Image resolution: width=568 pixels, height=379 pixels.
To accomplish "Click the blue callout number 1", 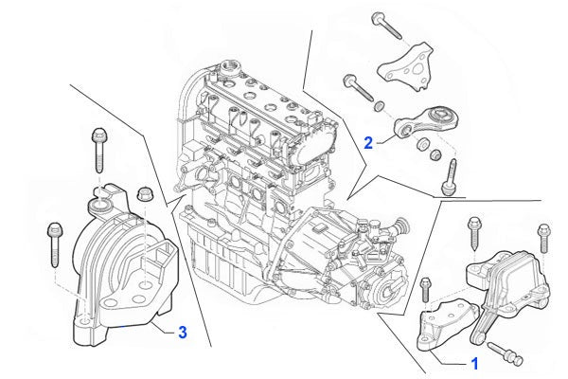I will pos(474,362).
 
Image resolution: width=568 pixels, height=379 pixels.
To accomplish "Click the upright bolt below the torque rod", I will pos(452,177).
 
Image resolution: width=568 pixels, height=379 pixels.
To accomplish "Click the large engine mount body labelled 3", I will pos(118,280).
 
